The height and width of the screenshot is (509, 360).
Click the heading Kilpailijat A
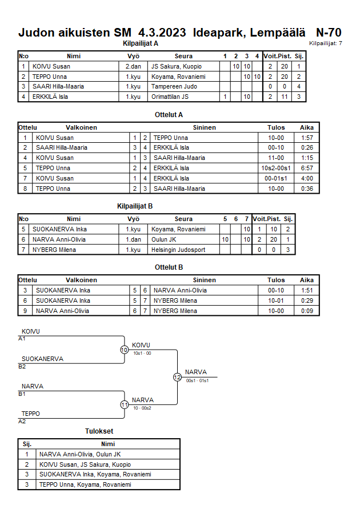coord(140,43)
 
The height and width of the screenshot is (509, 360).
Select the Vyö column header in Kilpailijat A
coord(133,56)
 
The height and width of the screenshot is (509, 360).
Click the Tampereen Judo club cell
coord(174,87)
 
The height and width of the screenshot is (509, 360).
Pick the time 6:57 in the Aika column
coord(307,168)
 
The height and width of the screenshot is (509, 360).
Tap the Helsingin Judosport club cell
coord(178,250)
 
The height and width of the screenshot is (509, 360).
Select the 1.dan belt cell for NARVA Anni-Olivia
coord(133,239)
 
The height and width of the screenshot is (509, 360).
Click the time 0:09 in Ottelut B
coord(307,311)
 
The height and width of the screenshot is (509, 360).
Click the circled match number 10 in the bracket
coord(124,350)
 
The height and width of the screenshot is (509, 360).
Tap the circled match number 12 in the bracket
coord(177,377)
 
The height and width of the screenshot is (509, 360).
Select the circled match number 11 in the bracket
coord(124,404)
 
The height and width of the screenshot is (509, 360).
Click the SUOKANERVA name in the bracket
coord(42,359)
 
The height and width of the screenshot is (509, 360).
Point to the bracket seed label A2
coord(22,422)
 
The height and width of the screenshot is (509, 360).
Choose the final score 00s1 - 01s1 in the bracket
coord(197,380)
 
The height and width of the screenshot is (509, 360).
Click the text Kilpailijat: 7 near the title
coord(325,43)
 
